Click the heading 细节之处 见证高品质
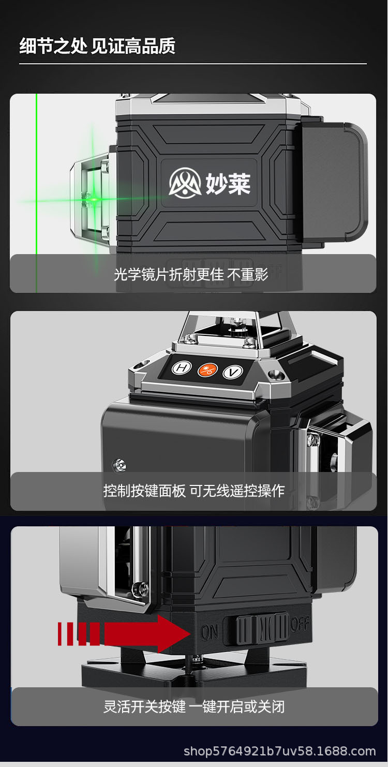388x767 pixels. (x=97, y=46)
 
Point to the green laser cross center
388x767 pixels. (x=94, y=198)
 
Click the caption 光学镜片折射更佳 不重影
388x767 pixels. (x=191, y=274)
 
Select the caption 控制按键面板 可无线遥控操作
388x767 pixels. (x=194, y=490)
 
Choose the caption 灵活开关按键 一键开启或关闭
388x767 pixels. (x=194, y=706)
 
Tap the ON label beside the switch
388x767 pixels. (x=210, y=632)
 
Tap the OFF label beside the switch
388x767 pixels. (x=300, y=625)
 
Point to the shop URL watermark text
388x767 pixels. (x=280, y=751)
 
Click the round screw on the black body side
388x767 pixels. (x=120, y=464)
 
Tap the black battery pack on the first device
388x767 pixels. (x=334, y=181)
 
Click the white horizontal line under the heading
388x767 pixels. (x=192, y=64)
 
